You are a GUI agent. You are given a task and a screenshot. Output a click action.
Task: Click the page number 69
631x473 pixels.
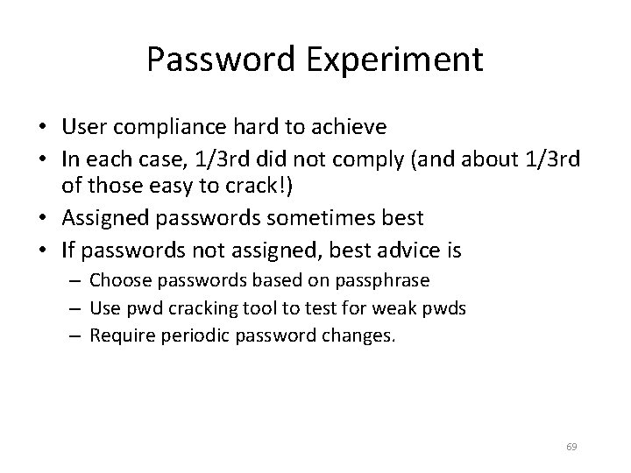pos(571,448)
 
